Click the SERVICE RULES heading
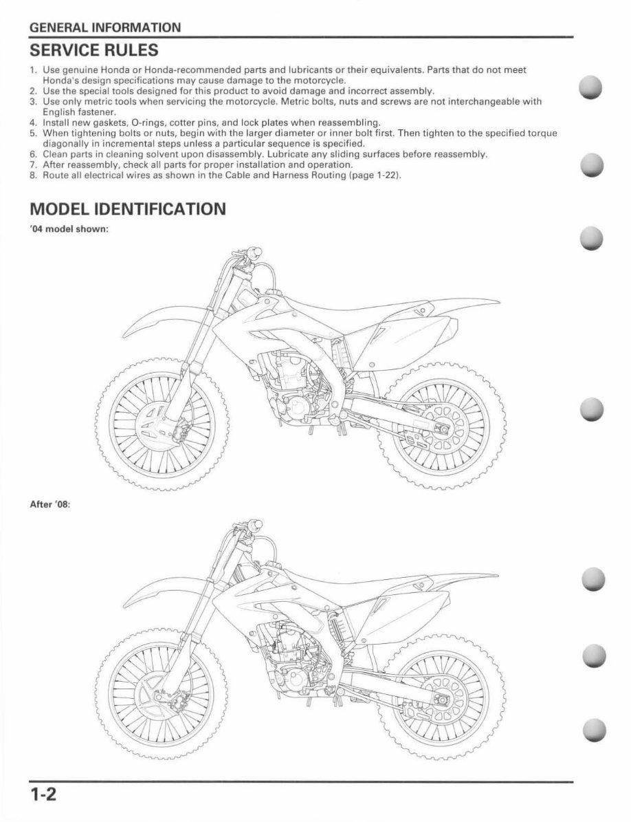click(x=93, y=50)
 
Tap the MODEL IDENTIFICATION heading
click(x=128, y=208)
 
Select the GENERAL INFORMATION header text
click(x=104, y=28)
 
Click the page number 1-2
click(x=42, y=796)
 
